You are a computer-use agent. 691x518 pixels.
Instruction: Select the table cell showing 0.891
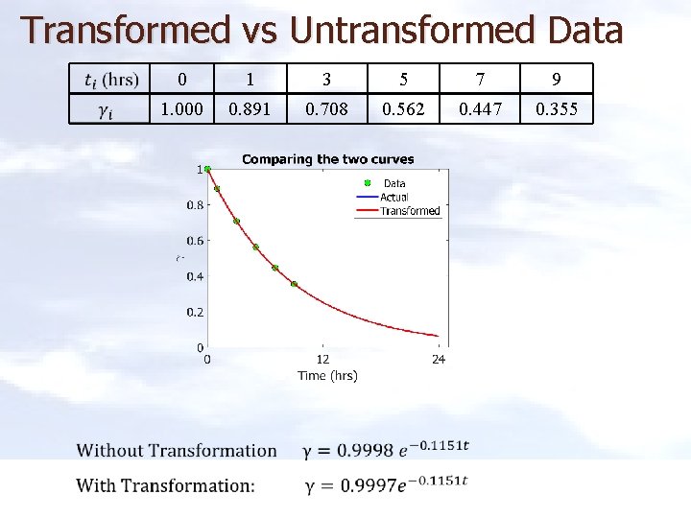(250, 109)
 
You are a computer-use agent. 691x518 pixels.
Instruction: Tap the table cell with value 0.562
(403, 109)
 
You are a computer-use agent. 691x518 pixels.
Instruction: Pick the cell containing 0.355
(557, 109)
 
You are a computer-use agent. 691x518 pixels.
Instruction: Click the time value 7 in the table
(480, 79)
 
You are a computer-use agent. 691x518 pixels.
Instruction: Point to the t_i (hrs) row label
(111, 79)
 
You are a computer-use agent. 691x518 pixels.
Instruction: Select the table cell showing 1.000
(181, 109)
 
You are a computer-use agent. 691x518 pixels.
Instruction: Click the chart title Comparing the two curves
(327, 159)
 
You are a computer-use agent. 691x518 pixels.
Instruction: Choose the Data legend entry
(394, 183)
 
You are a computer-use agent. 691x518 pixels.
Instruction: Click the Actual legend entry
(394, 197)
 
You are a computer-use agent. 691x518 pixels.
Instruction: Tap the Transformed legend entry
(410, 211)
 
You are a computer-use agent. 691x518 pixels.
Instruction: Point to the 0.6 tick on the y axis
(194, 241)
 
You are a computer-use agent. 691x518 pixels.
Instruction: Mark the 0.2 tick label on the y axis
(194, 312)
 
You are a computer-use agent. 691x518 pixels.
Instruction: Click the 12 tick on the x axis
(322, 360)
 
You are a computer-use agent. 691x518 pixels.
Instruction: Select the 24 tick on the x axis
(439, 360)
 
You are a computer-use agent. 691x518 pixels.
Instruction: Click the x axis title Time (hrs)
(327, 376)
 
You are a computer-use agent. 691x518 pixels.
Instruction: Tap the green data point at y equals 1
(207, 170)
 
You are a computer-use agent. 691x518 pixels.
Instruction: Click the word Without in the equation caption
(110, 451)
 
